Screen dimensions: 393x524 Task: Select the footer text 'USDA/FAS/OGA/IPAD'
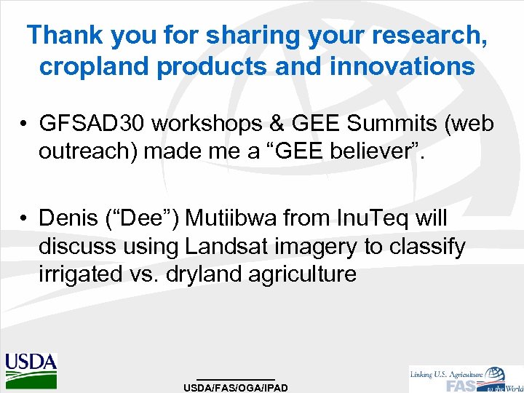(x=236, y=387)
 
